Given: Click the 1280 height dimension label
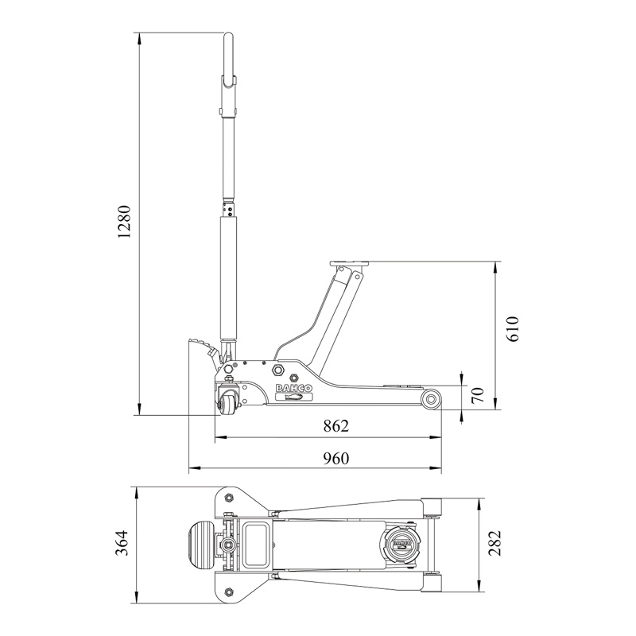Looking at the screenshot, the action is click(124, 222).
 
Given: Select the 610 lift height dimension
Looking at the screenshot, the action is click(513, 329).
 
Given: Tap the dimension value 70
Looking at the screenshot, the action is click(479, 394).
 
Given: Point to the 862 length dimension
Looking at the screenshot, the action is click(335, 426).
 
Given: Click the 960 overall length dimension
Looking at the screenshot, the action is click(335, 459).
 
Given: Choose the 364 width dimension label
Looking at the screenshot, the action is click(122, 543).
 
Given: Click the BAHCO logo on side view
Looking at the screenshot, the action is click(294, 388).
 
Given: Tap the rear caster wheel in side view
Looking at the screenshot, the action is click(227, 402).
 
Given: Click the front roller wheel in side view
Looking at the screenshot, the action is click(431, 399).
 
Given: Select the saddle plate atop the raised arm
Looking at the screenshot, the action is click(350, 264).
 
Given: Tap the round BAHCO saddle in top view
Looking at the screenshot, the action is click(400, 543).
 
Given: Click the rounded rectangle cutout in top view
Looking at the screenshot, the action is click(256, 543).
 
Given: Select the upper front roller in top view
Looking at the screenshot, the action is click(431, 507).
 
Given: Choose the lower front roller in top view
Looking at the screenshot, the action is click(431, 582).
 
